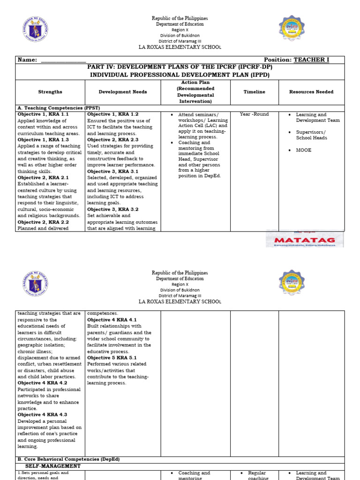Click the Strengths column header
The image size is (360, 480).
(x=50, y=92)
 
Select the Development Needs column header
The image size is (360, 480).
(x=123, y=92)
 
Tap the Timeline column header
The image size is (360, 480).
(x=254, y=92)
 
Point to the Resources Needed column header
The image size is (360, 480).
(x=311, y=92)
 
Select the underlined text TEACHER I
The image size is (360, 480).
(x=311, y=60)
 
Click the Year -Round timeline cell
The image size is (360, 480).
(x=254, y=114)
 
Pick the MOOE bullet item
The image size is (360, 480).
(x=304, y=150)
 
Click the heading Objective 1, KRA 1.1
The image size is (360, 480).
(x=43, y=114)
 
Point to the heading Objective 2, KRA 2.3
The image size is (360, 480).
(x=113, y=140)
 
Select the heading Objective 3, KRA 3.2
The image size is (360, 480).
(x=113, y=210)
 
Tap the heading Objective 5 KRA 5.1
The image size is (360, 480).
(x=112, y=358)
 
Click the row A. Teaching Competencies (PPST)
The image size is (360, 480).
(x=59, y=108)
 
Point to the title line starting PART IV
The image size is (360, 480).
(x=180, y=67)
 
